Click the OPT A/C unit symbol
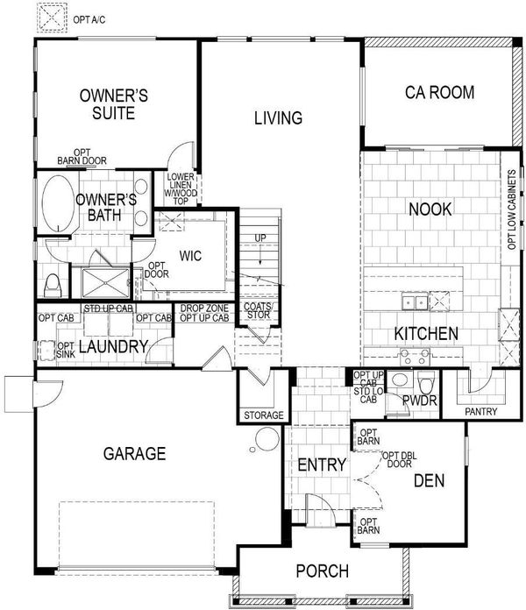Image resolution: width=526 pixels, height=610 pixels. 52,18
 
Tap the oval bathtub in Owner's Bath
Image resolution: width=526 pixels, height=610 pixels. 58,203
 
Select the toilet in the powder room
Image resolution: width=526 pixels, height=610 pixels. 426,382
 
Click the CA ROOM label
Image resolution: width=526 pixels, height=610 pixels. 439,93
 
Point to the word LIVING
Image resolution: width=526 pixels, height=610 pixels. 278,117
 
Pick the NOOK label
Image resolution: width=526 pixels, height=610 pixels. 430,209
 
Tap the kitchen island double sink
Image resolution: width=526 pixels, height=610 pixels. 415,301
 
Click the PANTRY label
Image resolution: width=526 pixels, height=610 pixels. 481,411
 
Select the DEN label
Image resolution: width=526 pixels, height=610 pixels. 429,481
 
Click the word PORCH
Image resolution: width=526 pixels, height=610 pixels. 322,571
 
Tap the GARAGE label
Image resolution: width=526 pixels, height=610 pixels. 134,454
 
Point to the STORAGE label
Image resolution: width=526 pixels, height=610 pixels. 263,415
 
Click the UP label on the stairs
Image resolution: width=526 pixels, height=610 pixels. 260,238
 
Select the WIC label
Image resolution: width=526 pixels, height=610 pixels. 190,256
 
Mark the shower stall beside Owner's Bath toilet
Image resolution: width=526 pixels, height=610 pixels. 105,283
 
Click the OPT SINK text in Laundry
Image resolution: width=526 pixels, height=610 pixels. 66,350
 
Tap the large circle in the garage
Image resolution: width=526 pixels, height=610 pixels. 267,438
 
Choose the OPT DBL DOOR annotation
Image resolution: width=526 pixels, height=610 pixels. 400,459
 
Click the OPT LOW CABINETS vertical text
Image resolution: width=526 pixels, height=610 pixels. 512,209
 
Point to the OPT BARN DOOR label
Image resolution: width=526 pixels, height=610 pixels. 82,156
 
